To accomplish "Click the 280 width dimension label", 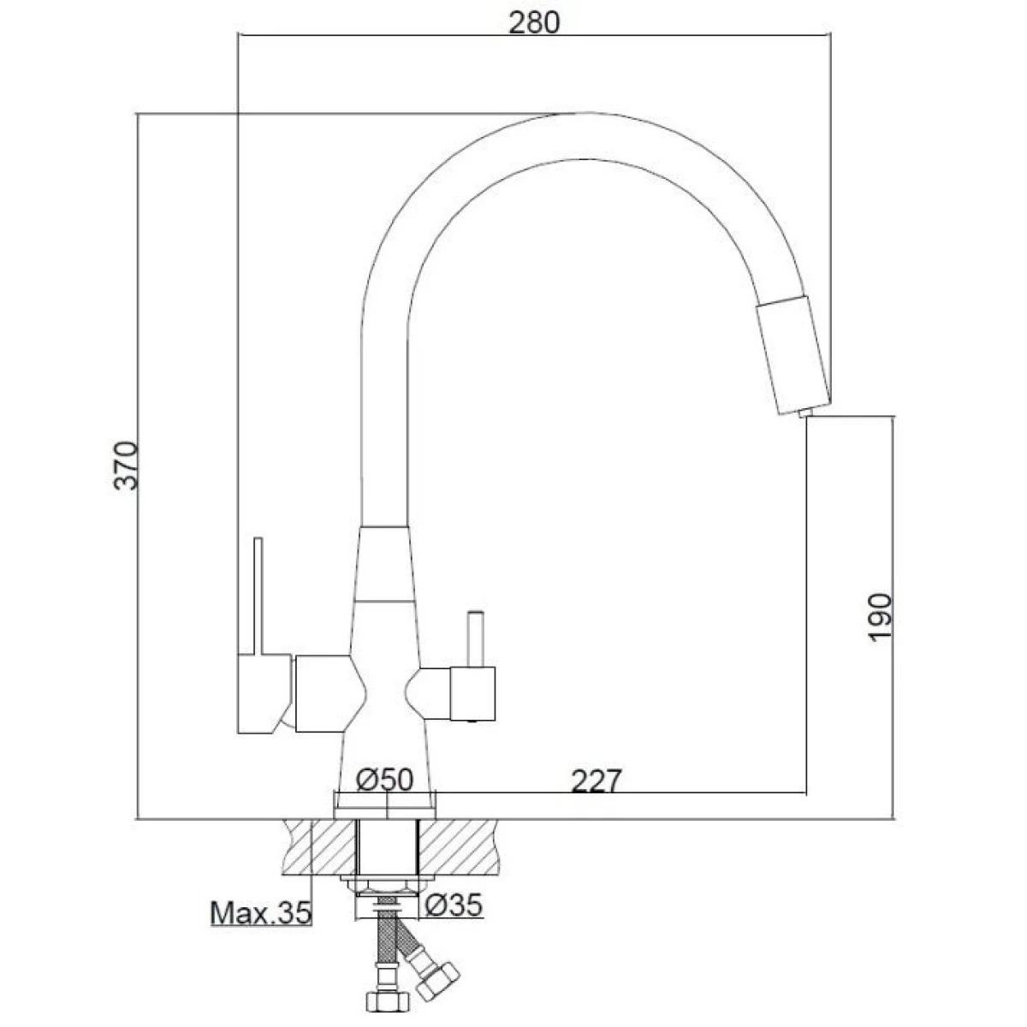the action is [x=534, y=22].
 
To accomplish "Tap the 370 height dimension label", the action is [x=127, y=465].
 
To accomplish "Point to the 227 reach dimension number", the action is [x=597, y=781].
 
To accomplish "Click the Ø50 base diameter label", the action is [x=385, y=781].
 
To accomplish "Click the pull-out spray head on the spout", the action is [x=794, y=356].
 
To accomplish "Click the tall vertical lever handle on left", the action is [x=258, y=596].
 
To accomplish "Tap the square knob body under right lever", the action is [x=472, y=693].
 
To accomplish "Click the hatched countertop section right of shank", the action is [x=459, y=846].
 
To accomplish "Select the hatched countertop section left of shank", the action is [x=320, y=846].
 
